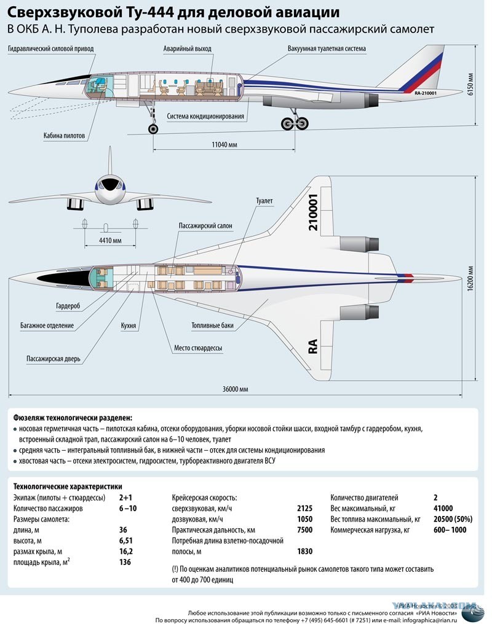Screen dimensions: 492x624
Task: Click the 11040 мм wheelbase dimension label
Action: [x=224, y=144]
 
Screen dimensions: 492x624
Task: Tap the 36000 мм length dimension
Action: [x=235, y=389]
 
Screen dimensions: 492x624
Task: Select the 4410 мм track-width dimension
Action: [x=110, y=240]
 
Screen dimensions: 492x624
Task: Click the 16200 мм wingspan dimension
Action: [x=470, y=279]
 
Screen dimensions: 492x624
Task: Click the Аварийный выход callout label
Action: [x=187, y=49]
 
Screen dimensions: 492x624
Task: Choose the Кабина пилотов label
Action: [x=64, y=136]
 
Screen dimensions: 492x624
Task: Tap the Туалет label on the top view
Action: [x=264, y=201]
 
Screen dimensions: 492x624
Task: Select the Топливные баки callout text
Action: [x=212, y=326]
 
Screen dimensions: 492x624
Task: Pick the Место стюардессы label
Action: [x=198, y=348]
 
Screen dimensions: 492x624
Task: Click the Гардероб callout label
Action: [x=68, y=306]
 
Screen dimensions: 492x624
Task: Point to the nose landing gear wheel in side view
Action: [x=153, y=128]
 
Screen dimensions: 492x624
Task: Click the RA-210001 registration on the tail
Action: [x=426, y=93]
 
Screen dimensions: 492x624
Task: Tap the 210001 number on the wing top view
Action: [x=314, y=212]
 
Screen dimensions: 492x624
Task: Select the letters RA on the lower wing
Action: [x=313, y=346]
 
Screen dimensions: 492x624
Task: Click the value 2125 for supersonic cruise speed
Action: [x=305, y=508]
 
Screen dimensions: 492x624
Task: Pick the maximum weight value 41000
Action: [x=443, y=508]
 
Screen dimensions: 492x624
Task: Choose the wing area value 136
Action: [x=125, y=562]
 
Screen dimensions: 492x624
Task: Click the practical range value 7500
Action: [x=305, y=529]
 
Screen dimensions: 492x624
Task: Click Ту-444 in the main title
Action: [x=149, y=12]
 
